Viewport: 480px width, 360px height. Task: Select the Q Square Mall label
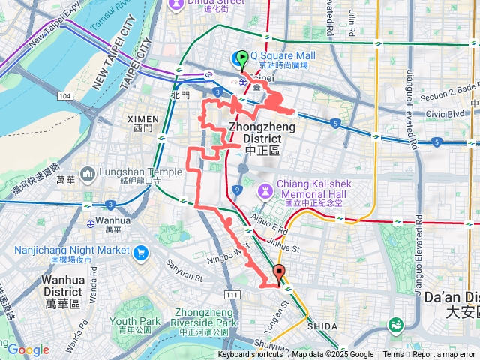click(x=282, y=55)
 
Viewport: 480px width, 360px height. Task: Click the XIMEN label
click(x=142, y=119)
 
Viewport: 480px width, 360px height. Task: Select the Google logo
click(x=28, y=349)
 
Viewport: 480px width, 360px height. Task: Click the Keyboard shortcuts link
click(x=250, y=355)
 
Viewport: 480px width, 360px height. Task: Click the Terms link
click(x=393, y=355)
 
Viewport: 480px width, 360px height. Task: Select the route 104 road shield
click(x=65, y=97)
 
